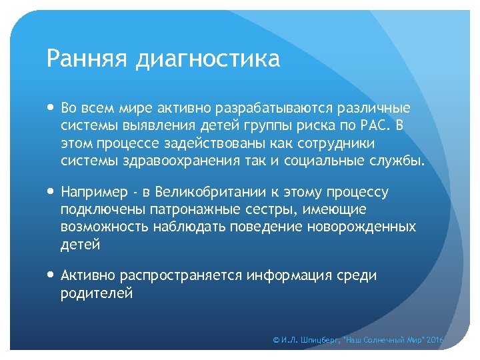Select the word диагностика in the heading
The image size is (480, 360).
(207, 60)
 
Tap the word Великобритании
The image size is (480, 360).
(209, 192)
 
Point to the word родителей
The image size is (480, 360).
(97, 293)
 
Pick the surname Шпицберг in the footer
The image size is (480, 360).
(321, 341)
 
